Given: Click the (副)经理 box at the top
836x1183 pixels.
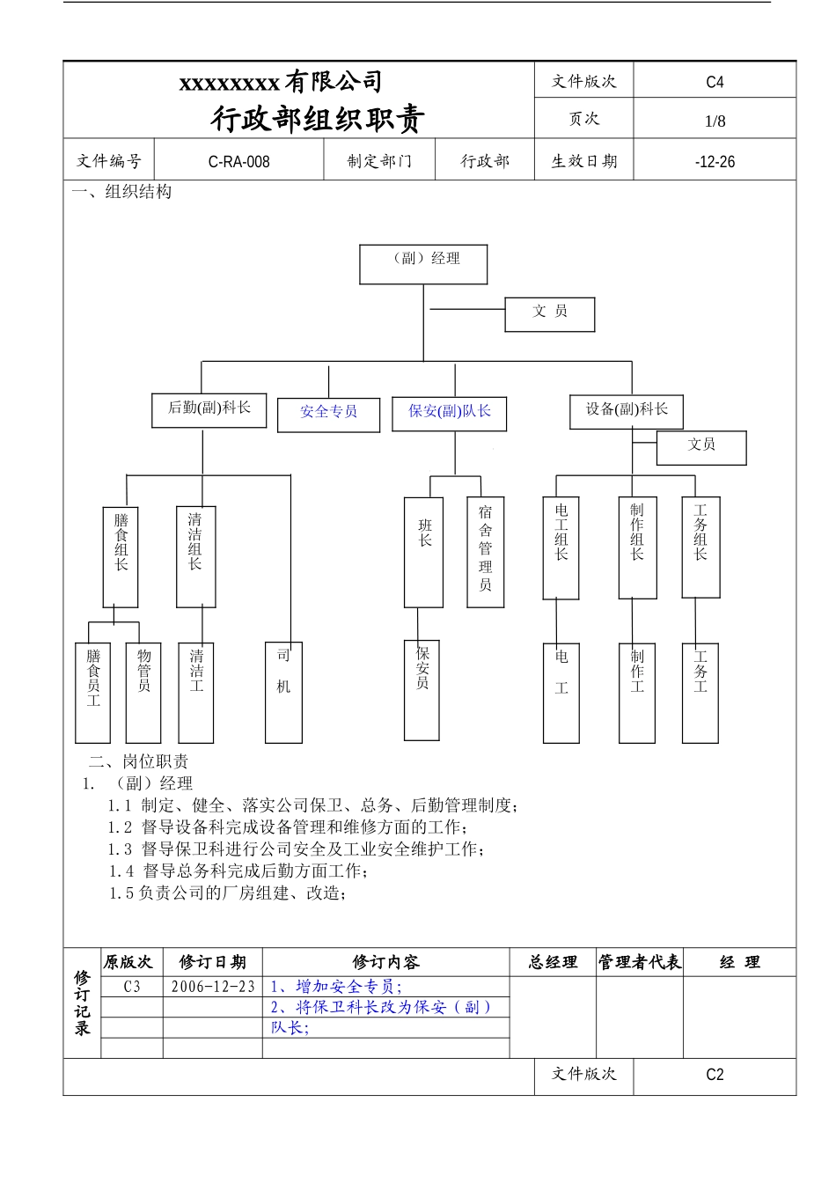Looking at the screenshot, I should pos(423,264).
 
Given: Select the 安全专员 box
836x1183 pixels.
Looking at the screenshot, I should pos(328,414).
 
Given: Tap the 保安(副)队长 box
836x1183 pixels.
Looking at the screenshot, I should pos(449,413).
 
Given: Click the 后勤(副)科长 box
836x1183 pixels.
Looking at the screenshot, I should pos(209,409).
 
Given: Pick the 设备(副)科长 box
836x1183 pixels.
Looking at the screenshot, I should pos(626,411).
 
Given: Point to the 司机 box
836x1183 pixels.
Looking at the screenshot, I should pos(283,692).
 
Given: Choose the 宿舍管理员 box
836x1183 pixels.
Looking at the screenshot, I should pos(485,552).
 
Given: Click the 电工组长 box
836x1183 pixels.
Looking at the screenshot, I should pos(561,547).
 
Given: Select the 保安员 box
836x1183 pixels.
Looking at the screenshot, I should pos(422,689).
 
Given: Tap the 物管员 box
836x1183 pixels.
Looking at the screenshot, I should pos(143,692).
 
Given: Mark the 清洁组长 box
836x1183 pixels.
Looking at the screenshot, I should pos(195,556).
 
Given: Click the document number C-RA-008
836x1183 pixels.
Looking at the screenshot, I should pos(238,162).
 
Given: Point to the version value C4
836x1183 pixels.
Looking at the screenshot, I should pos(715,82).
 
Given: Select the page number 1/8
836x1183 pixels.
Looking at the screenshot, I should pos(715,121).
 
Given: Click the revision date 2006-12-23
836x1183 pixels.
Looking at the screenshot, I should pos(213,987).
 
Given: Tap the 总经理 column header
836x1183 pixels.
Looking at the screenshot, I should pos(553,962).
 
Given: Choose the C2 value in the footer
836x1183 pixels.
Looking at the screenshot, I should pos(715,1075).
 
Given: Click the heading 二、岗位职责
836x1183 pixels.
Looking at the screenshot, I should pos(138,762).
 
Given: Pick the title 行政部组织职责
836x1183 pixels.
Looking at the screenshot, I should pos(318,119).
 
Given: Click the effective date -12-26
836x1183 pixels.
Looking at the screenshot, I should pos(715,162).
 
